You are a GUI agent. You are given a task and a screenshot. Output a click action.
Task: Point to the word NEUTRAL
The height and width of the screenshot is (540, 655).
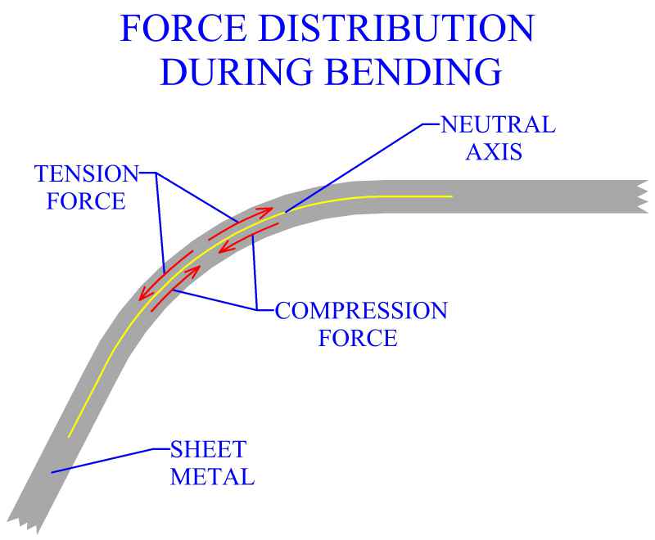498,125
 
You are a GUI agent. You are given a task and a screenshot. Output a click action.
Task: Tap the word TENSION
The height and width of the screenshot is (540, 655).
87,173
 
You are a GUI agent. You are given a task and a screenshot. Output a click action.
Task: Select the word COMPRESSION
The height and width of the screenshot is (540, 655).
361,311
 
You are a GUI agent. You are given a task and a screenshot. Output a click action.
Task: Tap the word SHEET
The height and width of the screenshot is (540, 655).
209,449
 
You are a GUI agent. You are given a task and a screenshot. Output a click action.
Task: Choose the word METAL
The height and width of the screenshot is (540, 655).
212,476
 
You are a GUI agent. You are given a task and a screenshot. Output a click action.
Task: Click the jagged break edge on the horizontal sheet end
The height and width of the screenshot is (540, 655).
641,197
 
